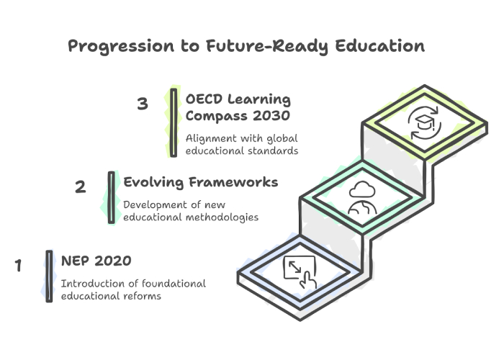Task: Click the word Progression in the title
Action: point(121,46)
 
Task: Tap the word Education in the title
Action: point(380,45)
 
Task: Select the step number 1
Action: point(18,265)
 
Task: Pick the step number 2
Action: point(81,186)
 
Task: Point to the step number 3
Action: point(143,104)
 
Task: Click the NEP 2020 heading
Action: point(96,261)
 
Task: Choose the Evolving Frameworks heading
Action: point(201,182)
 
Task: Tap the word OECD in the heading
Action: point(204,99)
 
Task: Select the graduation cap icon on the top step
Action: point(423,122)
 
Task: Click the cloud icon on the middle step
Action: point(362,189)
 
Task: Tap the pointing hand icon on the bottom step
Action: point(308,280)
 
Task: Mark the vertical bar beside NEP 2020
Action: point(49,276)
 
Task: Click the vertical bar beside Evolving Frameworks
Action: point(111,197)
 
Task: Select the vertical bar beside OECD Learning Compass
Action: point(174,123)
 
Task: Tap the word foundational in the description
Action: point(174,284)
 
